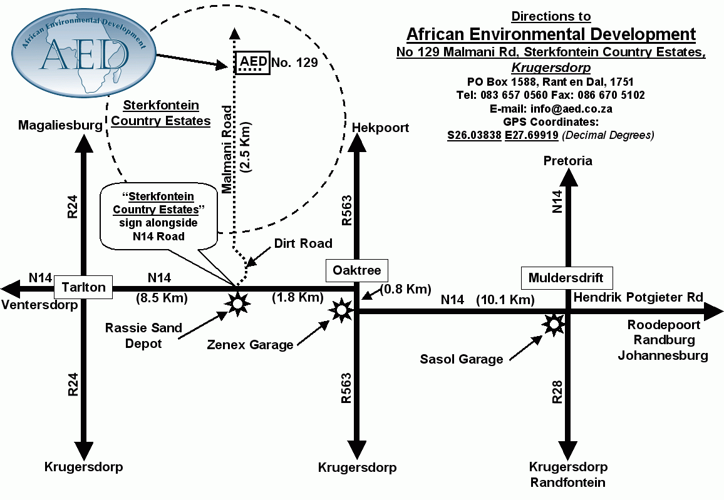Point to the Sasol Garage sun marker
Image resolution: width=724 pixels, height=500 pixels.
coord(554,323)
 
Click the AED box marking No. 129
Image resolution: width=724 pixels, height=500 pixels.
coord(254,63)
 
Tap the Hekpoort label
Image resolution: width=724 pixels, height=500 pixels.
coord(381,128)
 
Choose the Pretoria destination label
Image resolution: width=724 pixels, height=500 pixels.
coord(568,161)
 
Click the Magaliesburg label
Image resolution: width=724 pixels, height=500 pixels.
coord(60,125)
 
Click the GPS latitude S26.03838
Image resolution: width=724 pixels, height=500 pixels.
coord(474,135)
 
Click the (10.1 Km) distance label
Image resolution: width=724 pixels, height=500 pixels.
coord(505,300)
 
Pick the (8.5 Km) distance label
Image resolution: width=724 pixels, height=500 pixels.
coord(162,298)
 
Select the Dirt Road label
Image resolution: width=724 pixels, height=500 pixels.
coord(303,243)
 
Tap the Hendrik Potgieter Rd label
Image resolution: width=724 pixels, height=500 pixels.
coord(638,297)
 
